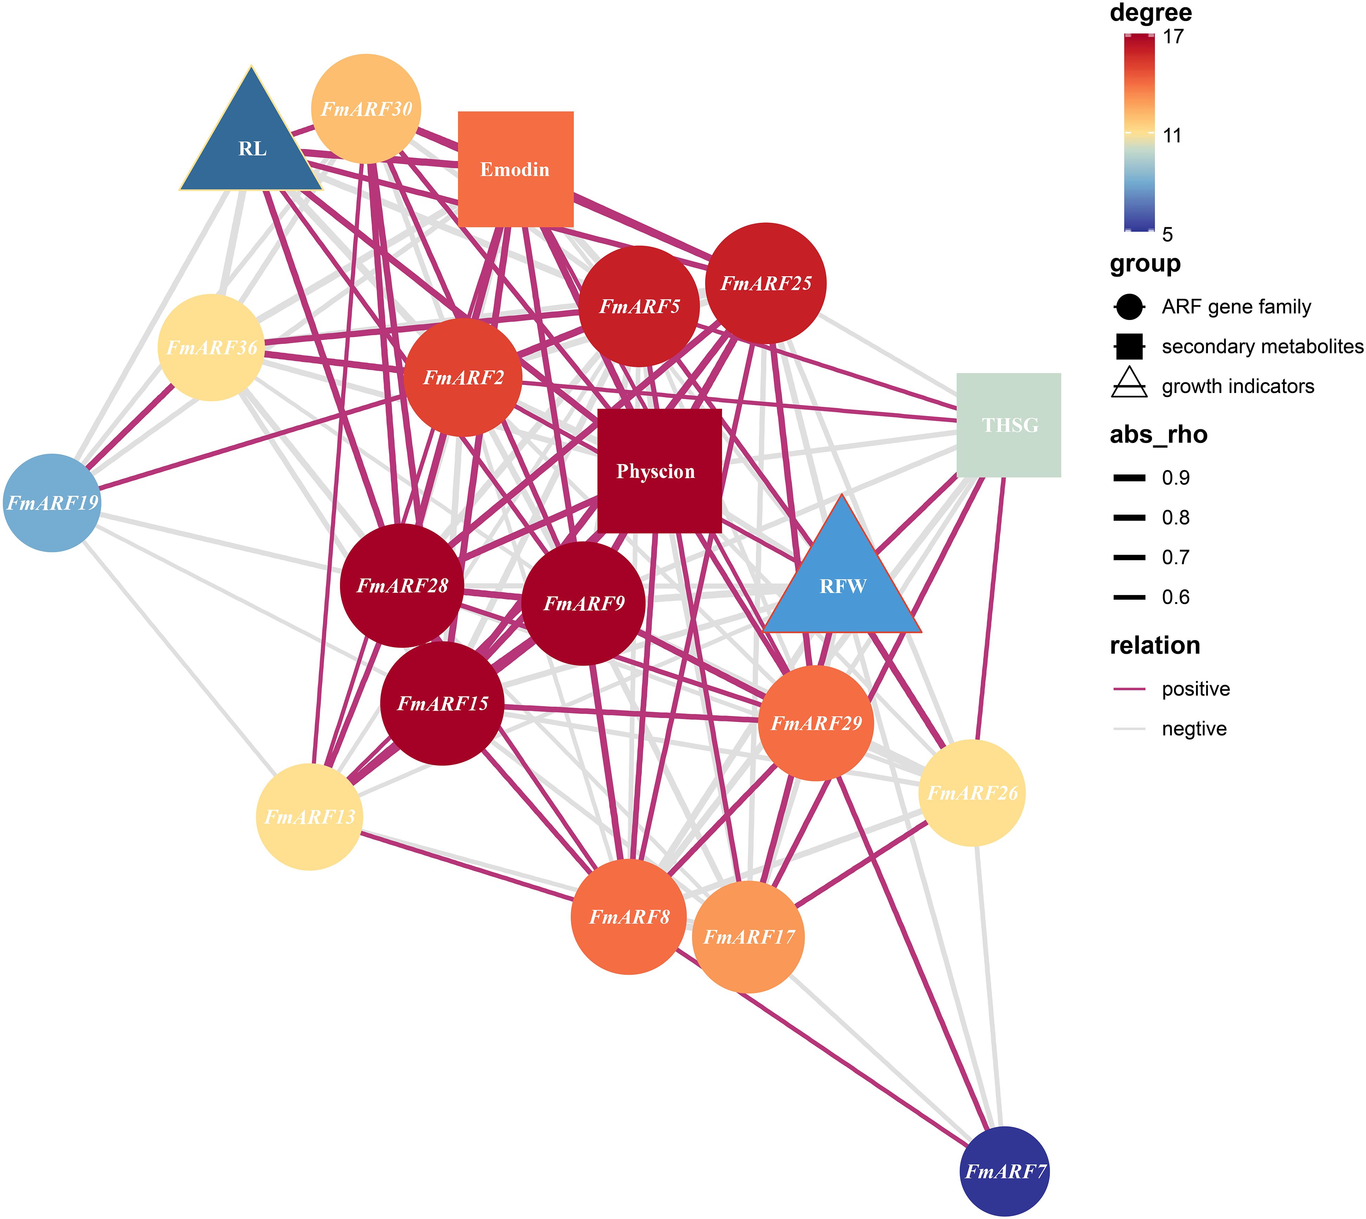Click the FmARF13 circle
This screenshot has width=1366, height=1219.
pos(309,816)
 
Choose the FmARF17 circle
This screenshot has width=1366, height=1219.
pos(748,936)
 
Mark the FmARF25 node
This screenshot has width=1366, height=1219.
pos(766,283)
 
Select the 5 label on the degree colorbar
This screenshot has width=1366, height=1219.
pos(1168,234)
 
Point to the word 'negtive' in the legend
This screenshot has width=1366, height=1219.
pos(1194,729)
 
